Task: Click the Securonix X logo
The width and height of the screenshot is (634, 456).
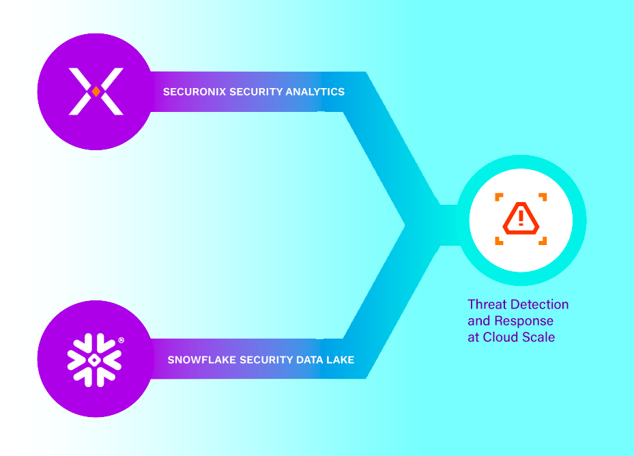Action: pyautogui.click(x=96, y=91)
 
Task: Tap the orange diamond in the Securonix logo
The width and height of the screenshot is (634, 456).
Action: pyautogui.click(x=96, y=91)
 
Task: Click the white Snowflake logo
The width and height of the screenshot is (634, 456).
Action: pyautogui.click(x=94, y=359)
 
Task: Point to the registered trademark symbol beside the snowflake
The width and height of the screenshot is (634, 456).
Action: pyautogui.click(x=121, y=340)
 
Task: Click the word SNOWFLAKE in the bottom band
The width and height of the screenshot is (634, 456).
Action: pyautogui.click(x=201, y=360)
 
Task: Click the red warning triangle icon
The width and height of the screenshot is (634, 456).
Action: pyautogui.click(x=521, y=218)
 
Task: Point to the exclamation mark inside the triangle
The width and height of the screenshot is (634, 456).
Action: pyautogui.click(x=521, y=218)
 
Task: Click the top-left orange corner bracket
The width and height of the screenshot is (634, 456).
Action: pyautogui.click(x=499, y=197)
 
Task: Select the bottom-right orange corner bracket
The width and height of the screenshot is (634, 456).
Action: pyautogui.click(x=543, y=240)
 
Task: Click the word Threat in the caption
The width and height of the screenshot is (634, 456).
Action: pyautogui.click(x=485, y=304)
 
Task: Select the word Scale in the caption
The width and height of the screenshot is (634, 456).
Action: pyautogui.click(x=538, y=337)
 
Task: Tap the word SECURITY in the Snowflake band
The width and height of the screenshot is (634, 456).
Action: pyautogui.click(x=265, y=360)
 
